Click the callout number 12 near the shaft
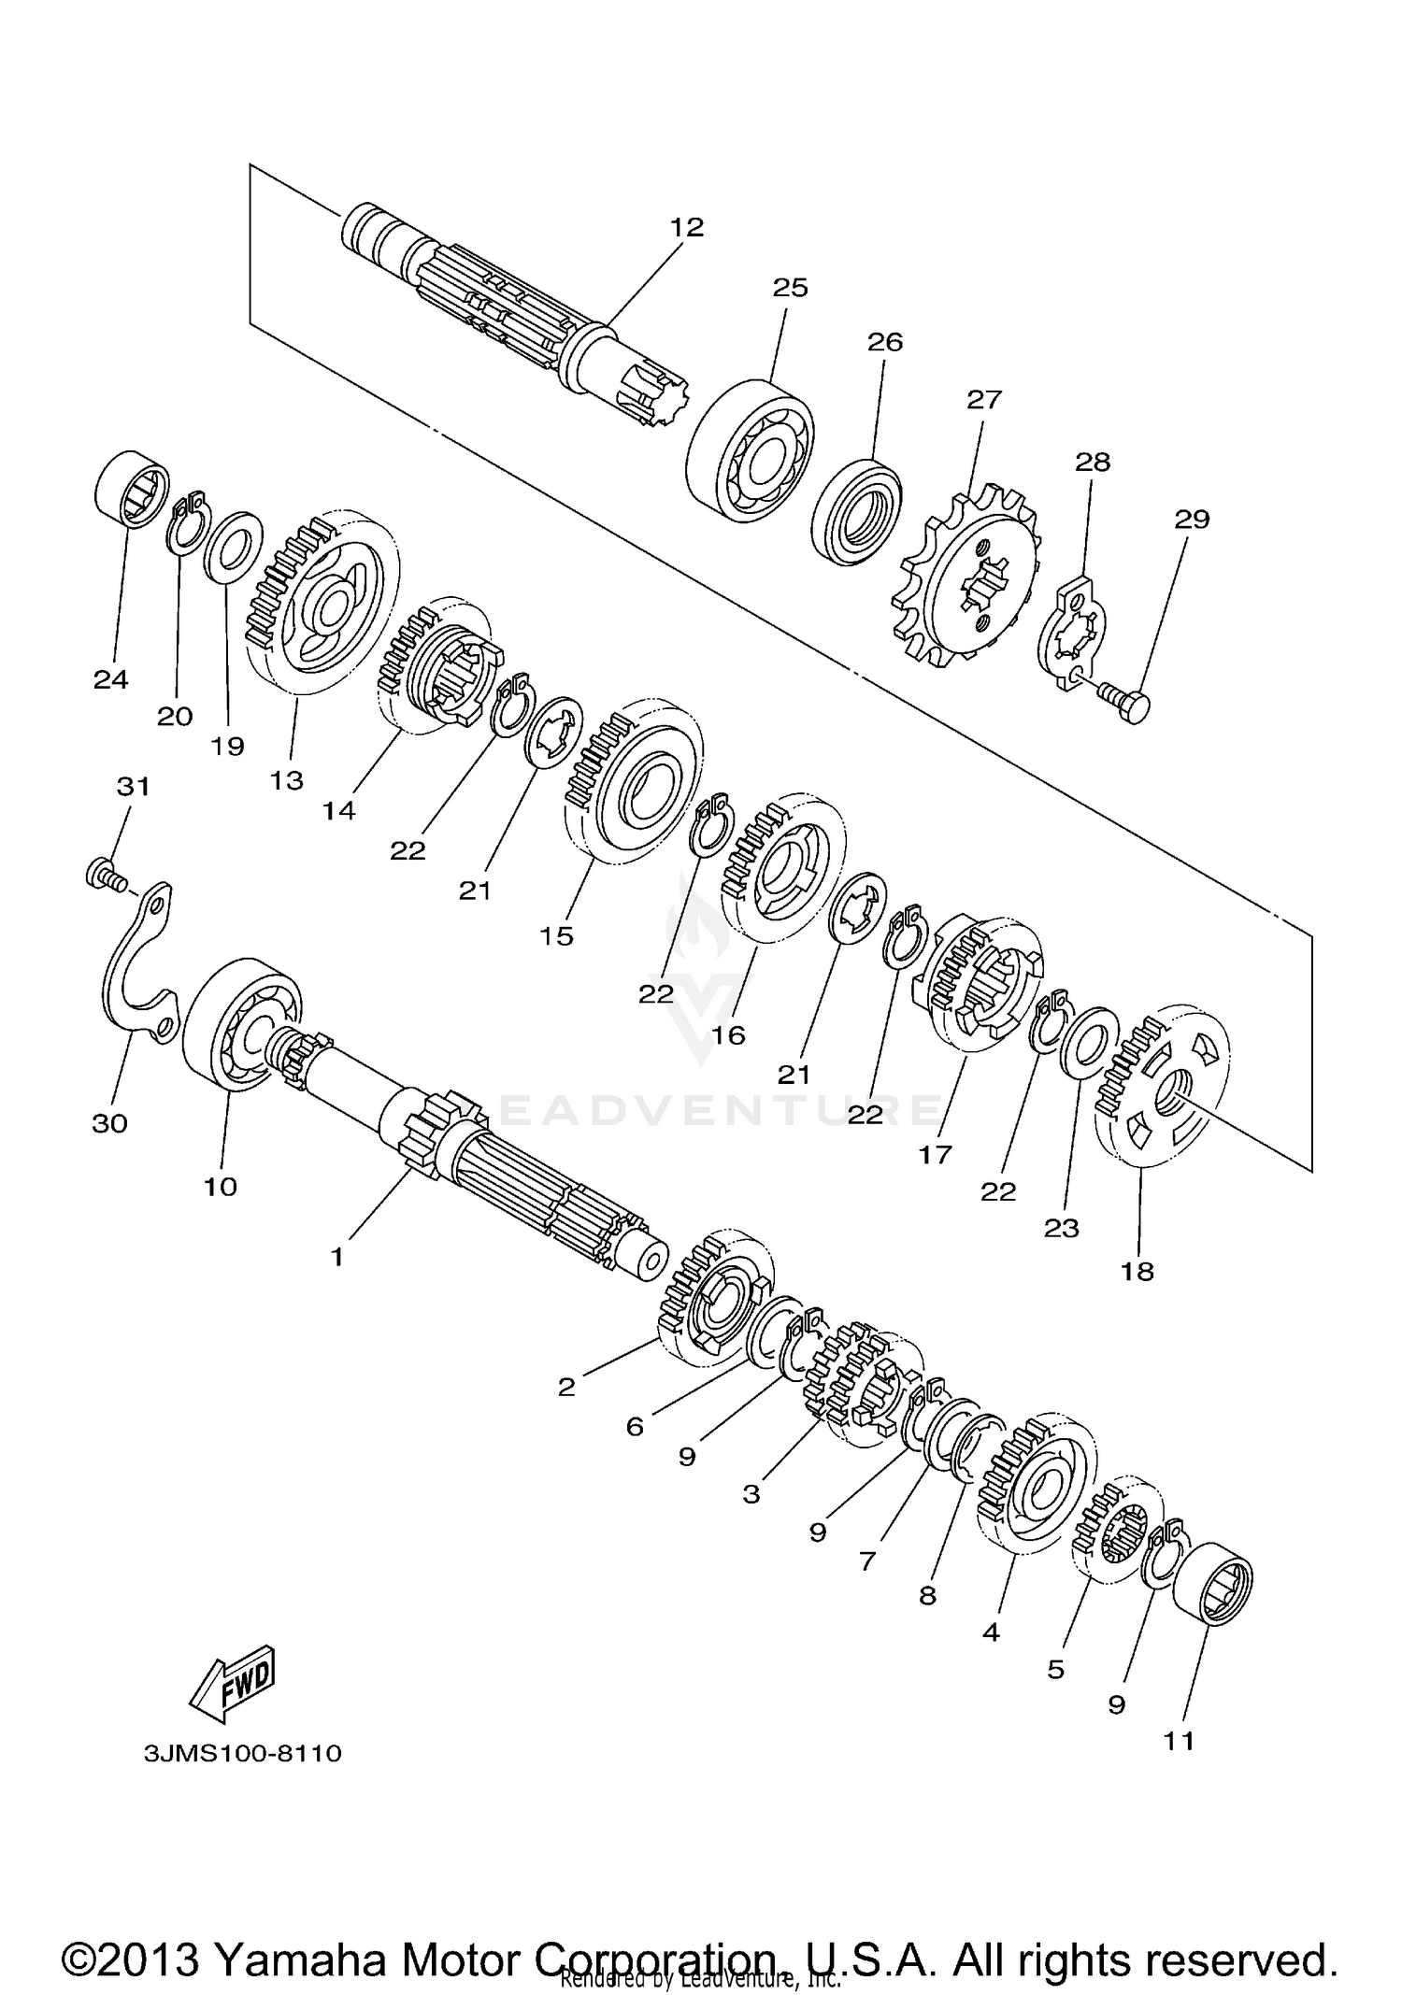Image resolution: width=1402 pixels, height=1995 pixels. pyautogui.click(x=686, y=227)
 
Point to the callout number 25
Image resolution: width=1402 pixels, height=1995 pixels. pyautogui.click(x=790, y=288)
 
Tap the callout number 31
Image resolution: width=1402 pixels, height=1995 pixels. pyautogui.click(x=133, y=787)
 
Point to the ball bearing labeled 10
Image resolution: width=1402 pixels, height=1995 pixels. pyautogui.click(x=241, y=1022)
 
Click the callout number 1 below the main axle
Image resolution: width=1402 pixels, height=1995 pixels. pyautogui.click(x=337, y=1258)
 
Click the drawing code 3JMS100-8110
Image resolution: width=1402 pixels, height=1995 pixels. pyautogui.click(x=243, y=1753)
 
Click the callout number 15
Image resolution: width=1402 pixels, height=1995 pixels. pyautogui.click(x=557, y=935)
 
